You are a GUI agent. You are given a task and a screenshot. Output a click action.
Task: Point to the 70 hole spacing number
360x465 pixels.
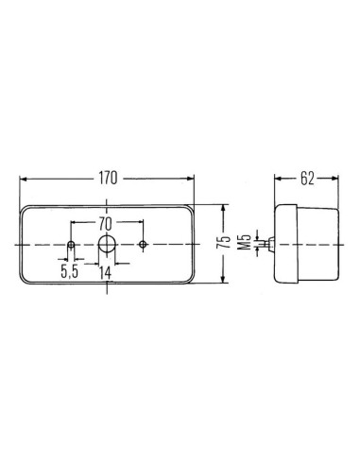point(106,225)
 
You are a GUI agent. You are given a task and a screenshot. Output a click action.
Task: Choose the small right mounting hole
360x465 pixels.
point(142,245)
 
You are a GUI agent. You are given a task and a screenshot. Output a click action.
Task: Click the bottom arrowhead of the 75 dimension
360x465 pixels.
point(222,283)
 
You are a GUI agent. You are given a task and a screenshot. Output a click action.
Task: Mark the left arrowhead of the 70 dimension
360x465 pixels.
point(74,225)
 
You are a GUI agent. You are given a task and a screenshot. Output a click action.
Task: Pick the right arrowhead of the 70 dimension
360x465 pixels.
point(139,225)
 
